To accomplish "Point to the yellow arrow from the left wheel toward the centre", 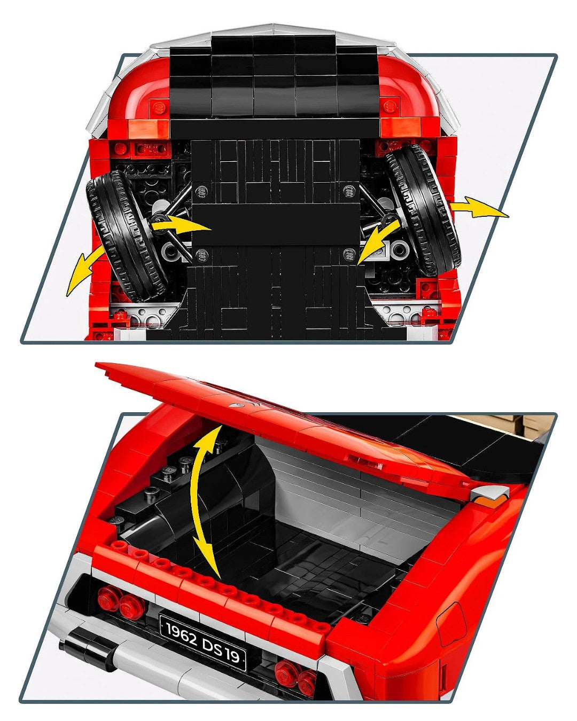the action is [181, 224].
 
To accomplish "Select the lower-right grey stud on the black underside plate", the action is [349, 254].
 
